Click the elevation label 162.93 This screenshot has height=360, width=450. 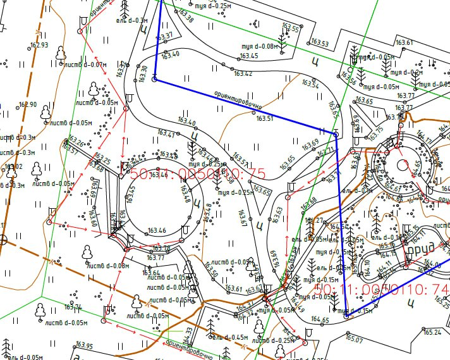click(x=39, y=45)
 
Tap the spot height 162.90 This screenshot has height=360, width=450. click(x=28, y=104)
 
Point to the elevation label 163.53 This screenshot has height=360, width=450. click(x=320, y=43)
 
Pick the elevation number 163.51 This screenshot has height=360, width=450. click(x=265, y=118)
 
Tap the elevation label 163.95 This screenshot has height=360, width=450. click(x=83, y=346)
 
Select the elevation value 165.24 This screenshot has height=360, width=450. click(x=432, y=332)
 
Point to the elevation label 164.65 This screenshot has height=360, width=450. click(x=320, y=320)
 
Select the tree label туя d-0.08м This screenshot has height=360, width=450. click(x=260, y=46)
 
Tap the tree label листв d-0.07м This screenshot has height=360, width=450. click(x=85, y=65)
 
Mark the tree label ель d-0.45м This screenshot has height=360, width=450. click(x=229, y=337)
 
